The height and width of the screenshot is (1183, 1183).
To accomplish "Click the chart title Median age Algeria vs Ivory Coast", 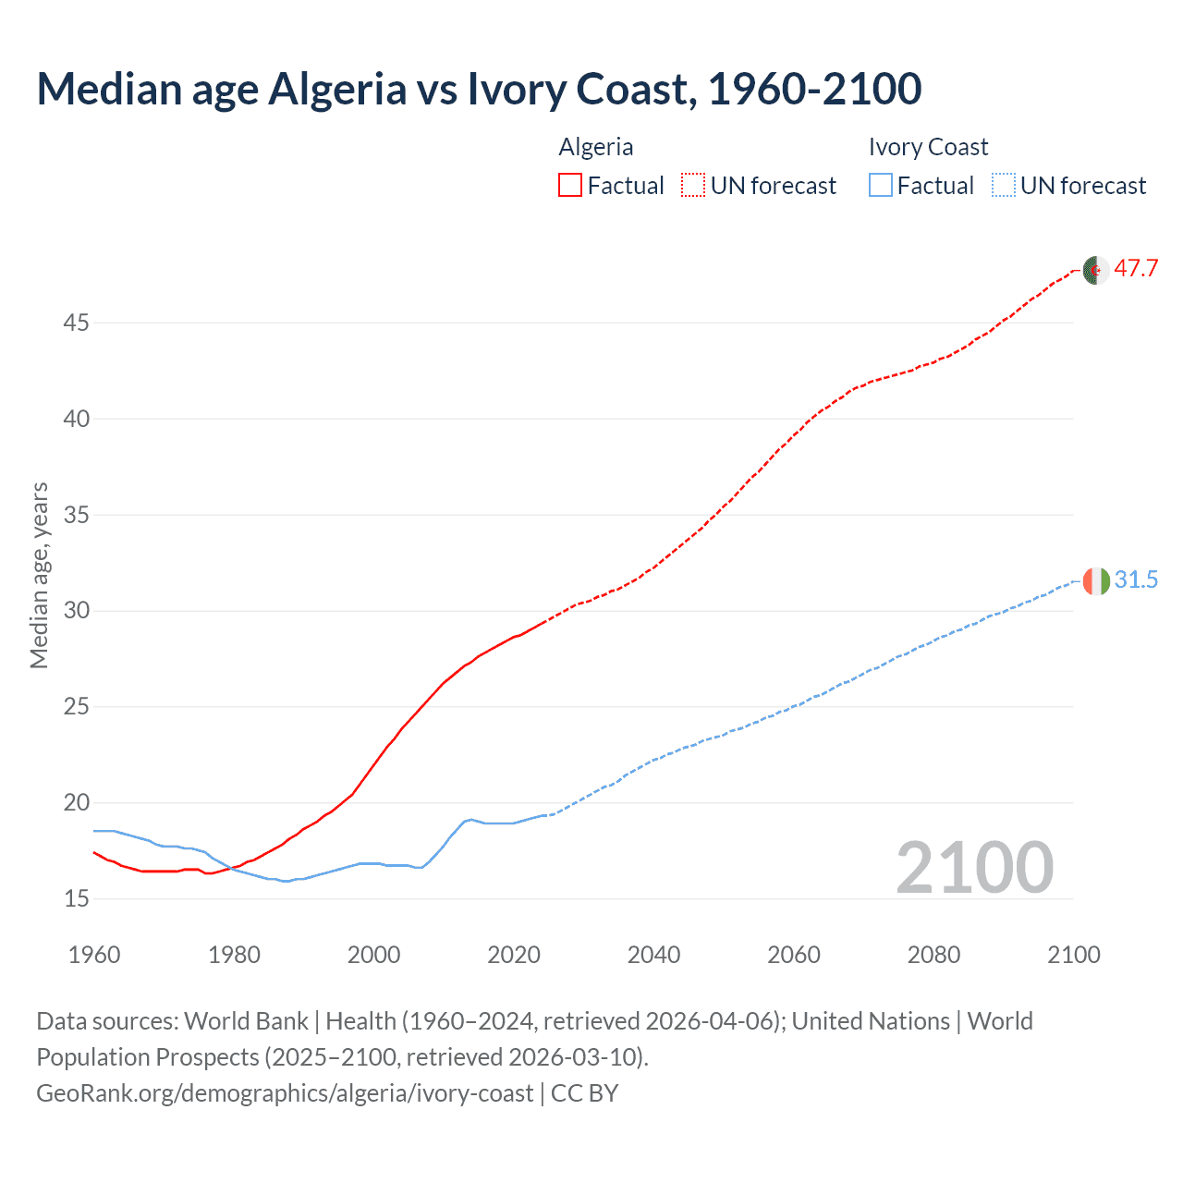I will [479, 90].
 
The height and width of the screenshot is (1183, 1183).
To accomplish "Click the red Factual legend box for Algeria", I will [570, 186].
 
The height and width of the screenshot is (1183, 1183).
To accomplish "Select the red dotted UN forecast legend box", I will [693, 186].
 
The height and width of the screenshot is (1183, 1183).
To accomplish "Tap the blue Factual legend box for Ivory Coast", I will [881, 186].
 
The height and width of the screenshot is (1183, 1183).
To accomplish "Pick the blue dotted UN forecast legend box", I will [1003, 186].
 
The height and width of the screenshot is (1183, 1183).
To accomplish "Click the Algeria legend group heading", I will [596, 148].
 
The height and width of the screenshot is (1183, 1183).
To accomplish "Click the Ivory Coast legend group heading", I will [928, 148].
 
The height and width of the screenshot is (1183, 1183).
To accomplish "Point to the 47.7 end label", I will [1136, 269].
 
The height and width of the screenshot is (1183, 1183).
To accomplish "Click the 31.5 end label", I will [1136, 580].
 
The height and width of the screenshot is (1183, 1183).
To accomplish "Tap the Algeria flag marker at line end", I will [1095, 271].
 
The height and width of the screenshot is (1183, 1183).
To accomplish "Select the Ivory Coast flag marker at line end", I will [1095, 581].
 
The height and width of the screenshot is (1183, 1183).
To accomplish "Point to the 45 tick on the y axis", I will [77, 323].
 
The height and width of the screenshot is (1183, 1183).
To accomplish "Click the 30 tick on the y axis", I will [77, 611].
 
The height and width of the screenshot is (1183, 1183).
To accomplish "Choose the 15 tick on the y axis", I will [77, 898].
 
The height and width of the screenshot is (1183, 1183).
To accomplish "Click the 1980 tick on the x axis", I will [234, 955].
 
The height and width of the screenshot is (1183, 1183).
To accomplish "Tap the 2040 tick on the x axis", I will [653, 955].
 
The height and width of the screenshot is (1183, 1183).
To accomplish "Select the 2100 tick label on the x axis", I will [1073, 955].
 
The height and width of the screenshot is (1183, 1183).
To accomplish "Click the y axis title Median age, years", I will [39, 575].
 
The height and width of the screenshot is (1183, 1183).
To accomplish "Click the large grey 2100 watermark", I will [974, 868].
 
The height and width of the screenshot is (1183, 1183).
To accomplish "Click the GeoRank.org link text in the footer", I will [285, 1093].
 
